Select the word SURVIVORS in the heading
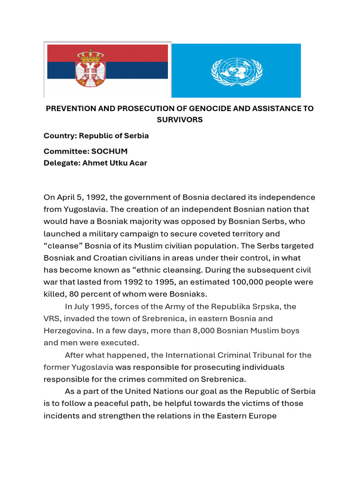180,120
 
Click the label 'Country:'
60,136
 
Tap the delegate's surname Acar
137,163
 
